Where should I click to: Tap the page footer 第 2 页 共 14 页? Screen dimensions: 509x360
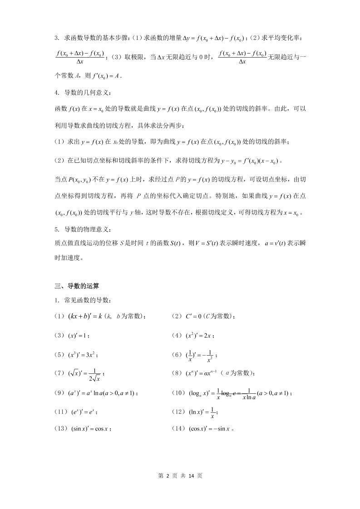[180, 475]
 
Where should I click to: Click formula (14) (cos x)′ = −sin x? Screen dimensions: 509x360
[212, 428]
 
